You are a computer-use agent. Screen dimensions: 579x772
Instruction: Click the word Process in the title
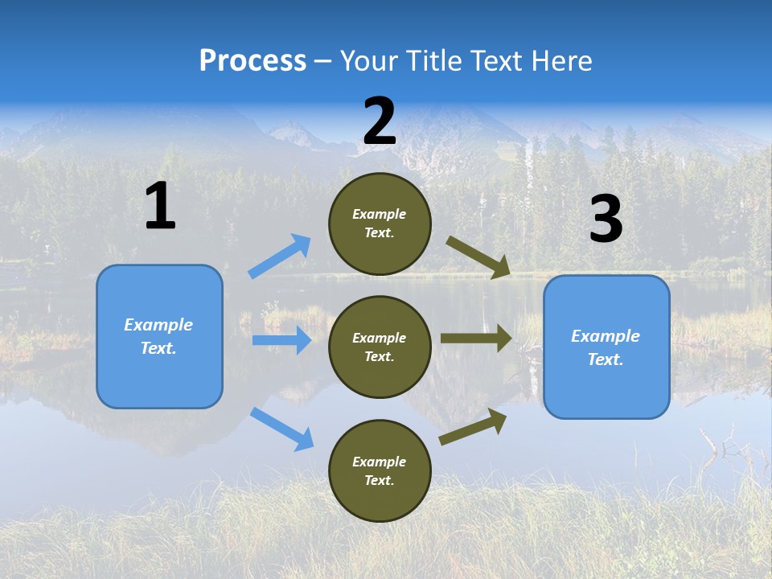253,61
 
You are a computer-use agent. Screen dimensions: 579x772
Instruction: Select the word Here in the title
559,61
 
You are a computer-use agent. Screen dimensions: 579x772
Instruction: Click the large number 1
160,207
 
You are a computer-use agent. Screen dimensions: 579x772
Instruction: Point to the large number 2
380,121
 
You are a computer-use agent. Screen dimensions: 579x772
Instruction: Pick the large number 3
606,220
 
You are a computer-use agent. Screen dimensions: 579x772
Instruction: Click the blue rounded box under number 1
159,336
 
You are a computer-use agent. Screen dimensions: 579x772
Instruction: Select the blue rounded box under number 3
606,347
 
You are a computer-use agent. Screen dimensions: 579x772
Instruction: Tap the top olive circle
380,224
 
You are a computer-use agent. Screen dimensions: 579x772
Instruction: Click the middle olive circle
380,347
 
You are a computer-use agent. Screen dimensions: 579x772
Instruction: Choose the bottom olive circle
380,471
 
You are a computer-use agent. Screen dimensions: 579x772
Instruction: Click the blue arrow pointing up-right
280,256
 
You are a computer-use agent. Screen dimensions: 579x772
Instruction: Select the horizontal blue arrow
281,340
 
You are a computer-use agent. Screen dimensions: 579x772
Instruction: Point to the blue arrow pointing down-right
281,429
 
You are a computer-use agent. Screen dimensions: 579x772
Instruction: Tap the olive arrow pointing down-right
478,257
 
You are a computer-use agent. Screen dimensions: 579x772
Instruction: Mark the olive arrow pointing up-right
473,426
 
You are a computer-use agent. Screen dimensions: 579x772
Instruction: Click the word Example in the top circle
380,215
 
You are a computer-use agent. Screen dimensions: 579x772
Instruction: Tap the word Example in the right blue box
606,336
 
